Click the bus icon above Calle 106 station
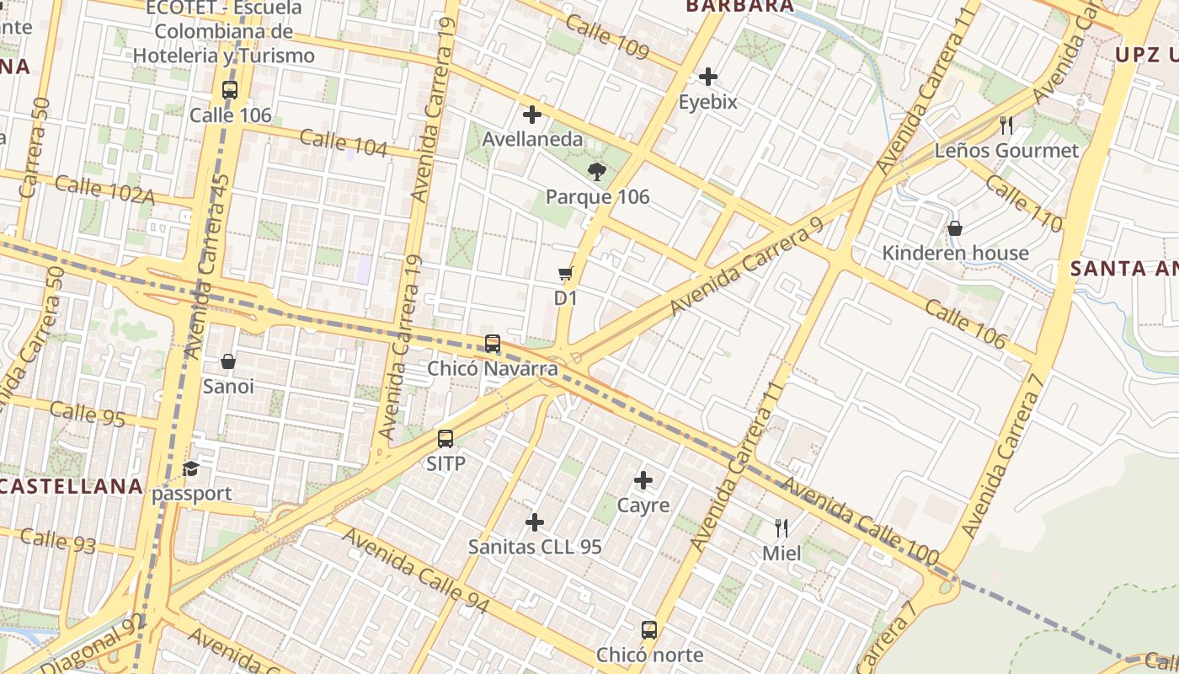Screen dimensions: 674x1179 tap(230, 90)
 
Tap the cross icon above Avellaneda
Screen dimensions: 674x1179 tap(532, 115)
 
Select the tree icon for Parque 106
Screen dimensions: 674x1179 tap(597, 173)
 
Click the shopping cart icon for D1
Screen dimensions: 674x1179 tap(566, 274)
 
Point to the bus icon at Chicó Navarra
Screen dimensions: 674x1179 tap(493, 344)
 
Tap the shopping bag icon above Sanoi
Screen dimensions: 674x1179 tap(228, 361)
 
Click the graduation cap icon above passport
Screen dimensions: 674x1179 tap(191, 469)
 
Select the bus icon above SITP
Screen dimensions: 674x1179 tap(445, 439)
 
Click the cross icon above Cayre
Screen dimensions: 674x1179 tap(643, 481)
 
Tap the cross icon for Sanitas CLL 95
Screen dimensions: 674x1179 tap(535, 522)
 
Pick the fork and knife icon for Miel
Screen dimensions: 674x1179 tap(782, 528)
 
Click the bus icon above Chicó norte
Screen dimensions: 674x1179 tap(649, 630)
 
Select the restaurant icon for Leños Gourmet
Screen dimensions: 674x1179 tap(1006, 126)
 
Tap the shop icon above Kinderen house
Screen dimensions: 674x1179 tap(955, 228)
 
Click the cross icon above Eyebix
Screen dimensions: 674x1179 tap(708, 78)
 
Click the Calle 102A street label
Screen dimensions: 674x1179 tap(104, 190)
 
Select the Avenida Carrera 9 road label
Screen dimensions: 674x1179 tap(746, 268)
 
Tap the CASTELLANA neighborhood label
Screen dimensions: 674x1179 tap(72, 486)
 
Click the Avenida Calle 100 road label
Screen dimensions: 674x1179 tap(861, 520)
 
